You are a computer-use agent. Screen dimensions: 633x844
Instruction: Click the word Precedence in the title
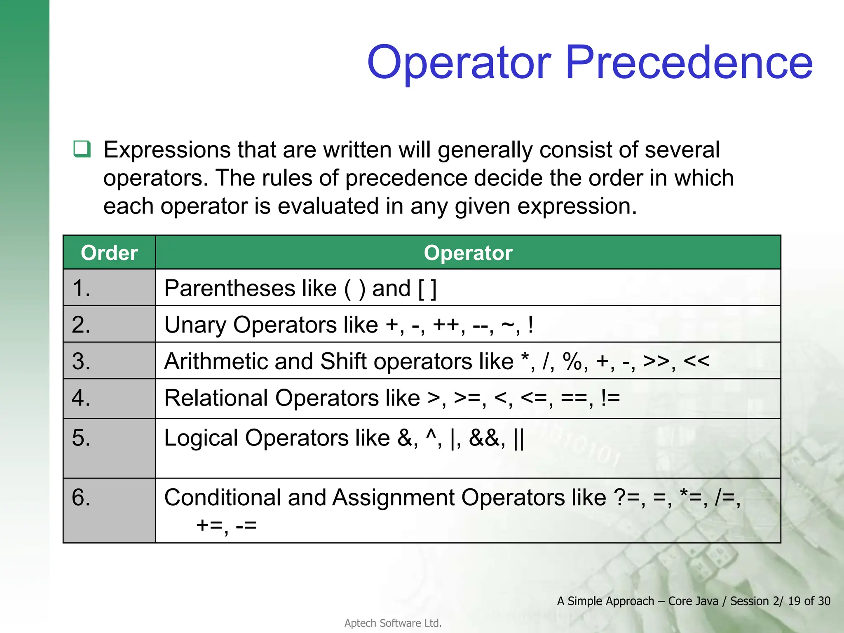click(x=689, y=63)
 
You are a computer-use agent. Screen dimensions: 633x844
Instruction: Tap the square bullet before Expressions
click(x=82, y=149)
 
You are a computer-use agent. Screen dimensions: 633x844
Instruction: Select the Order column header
click(x=109, y=253)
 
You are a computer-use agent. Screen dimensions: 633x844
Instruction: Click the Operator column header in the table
click(x=468, y=253)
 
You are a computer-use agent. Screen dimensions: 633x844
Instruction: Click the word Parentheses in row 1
click(x=230, y=288)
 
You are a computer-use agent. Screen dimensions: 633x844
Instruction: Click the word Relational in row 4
click(x=216, y=398)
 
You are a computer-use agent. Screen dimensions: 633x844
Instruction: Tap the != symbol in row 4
click(x=610, y=398)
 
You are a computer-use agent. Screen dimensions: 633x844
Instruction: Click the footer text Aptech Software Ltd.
click(x=393, y=623)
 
